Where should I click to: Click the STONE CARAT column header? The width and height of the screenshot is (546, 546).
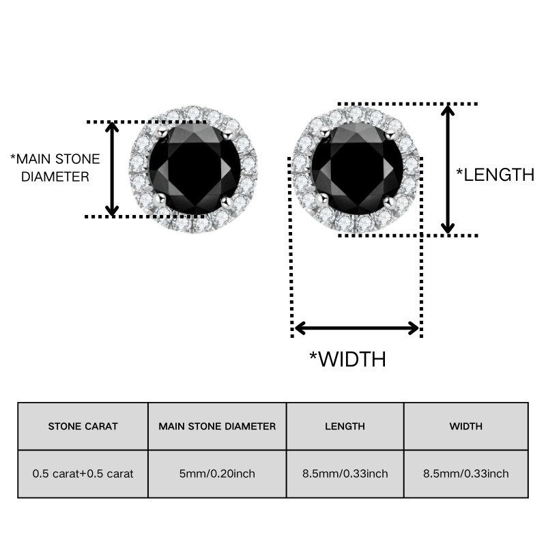point(83,426)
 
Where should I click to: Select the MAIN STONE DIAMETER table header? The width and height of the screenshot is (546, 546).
point(217,426)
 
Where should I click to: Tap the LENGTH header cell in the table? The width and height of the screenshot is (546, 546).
point(345,426)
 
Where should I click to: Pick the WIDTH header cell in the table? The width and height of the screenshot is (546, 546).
point(466,426)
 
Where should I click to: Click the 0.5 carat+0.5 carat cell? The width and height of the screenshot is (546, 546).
point(83,474)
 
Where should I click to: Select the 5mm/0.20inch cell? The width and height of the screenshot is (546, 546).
point(217,474)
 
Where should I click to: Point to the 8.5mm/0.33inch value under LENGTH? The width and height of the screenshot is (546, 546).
point(345,474)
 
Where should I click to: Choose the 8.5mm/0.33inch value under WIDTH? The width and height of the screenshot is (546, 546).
point(466,474)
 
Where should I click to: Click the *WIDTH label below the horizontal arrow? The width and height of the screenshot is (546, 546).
point(348,359)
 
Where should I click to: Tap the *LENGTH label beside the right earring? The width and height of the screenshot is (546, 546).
point(495,175)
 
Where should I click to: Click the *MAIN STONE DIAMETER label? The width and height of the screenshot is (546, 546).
point(55,168)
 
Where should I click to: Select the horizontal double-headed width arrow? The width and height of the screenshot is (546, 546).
point(356,328)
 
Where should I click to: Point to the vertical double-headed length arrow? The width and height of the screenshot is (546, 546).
point(448,169)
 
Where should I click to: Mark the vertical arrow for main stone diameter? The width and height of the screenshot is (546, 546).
point(112,169)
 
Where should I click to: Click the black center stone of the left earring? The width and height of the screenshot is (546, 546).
point(195,169)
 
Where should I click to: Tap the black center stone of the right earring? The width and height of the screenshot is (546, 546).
point(357,169)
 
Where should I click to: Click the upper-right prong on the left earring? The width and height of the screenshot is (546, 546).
point(227,134)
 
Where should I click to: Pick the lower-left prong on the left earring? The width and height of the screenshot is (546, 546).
point(160,199)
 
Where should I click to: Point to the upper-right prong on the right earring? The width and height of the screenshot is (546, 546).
point(390,133)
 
